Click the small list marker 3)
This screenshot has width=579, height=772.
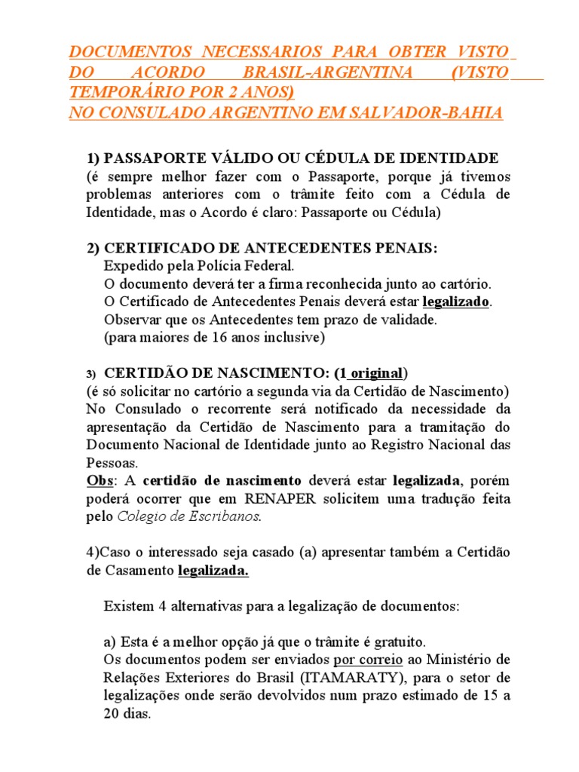click(x=90, y=375)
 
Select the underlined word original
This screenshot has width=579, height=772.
click(x=377, y=374)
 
